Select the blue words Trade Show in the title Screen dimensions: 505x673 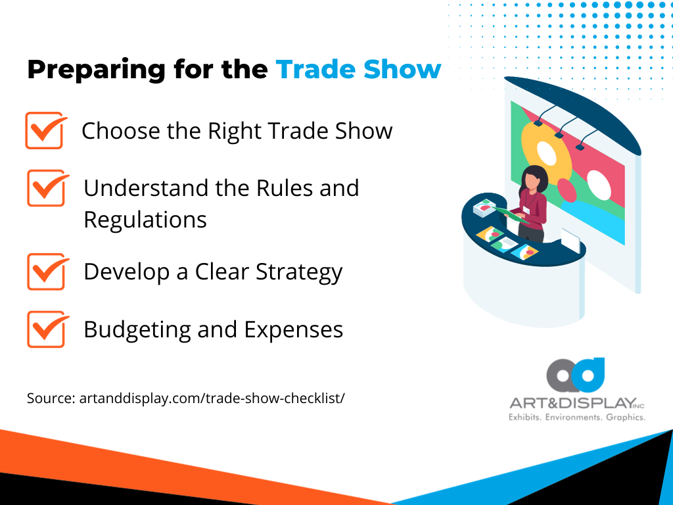coord(358,69)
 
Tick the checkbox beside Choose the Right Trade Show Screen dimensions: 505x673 coord(45,130)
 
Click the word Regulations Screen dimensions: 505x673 coord(145,219)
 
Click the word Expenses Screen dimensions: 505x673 coord(294,329)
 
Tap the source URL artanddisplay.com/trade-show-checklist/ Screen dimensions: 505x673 coord(186,398)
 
